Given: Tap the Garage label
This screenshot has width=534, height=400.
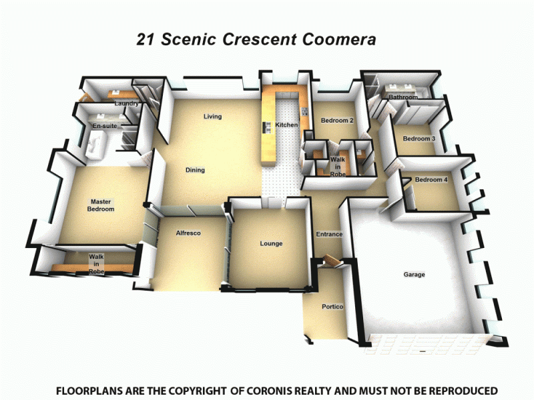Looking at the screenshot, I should click(x=414, y=275).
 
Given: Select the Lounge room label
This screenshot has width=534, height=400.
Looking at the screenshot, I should click(x=271, y=244).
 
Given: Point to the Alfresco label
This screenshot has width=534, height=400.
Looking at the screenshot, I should click(x=188, y=233).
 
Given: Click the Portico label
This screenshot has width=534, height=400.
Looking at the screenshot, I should click(x=332, y=307).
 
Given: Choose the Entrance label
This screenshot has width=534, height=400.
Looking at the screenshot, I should click(x=329, y=235).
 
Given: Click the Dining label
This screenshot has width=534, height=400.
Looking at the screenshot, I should click(x=195, y=171).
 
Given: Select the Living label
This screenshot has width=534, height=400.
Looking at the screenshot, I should click(x=212, y=117).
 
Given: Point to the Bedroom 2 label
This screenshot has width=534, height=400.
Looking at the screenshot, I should click(x=336, y=121).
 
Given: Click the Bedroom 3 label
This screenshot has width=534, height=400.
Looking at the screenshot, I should click(x=419, y=139).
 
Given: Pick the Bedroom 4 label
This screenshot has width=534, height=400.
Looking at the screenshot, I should click(x=431, y=180).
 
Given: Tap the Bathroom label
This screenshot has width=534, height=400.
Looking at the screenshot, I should click(x=403, y=97).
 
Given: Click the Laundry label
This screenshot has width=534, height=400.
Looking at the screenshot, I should click(x=126, y=104).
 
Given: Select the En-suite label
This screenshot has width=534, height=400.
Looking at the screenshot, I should click(x=104, y=125).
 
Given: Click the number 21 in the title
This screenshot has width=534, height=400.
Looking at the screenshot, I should click(x=146, y=40).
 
